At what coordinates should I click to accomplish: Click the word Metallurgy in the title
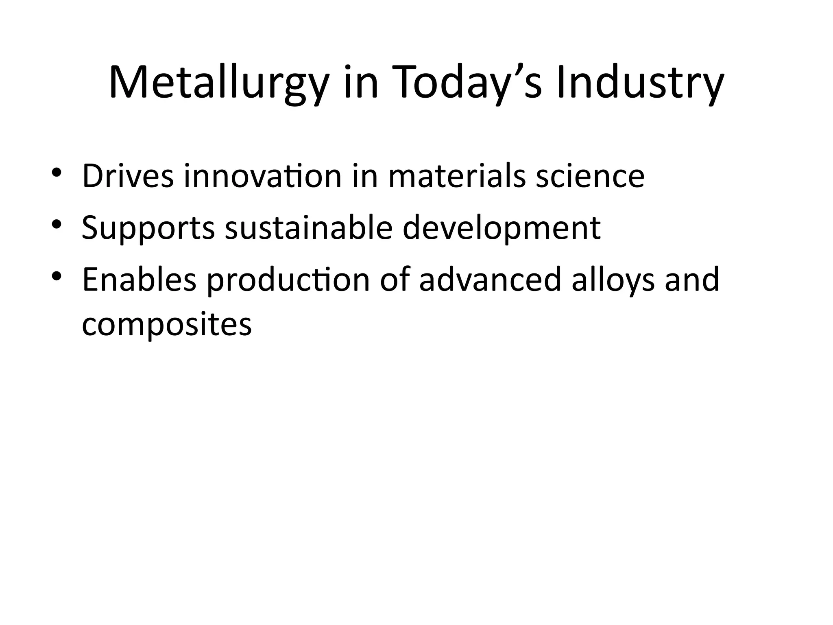[x=218, y=83]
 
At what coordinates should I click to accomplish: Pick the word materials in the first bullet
[x=457, y=176]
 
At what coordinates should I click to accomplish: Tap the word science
[x=590, y=176]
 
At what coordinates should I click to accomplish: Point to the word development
[x=502, y=228]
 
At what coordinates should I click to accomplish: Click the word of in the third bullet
[x=395, y=280]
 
